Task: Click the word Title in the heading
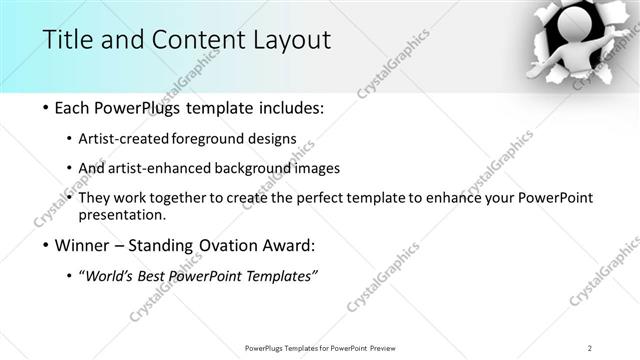[67, 40]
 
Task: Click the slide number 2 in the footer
[590, 347]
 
